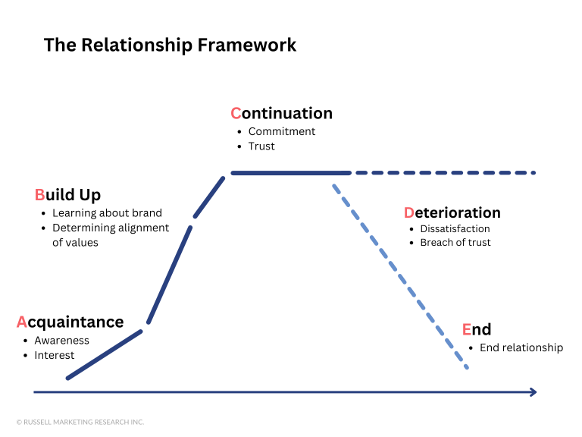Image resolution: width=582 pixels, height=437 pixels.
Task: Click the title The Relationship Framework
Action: coord(170,45)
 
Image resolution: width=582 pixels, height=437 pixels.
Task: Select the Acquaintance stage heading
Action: coord(70,322)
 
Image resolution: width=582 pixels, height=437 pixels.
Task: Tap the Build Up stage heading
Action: coord(67,195)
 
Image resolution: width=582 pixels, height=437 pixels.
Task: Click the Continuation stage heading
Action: coord(281,114)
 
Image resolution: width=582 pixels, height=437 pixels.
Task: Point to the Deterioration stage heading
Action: coord(452,213)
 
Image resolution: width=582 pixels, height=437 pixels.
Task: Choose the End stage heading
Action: coord(477,329)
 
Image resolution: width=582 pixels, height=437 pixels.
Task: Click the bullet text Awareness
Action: coord(61,341)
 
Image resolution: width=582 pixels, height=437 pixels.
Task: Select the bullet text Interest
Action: coord(54,355)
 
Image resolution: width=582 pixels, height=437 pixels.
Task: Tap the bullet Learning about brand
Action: coord(107,213)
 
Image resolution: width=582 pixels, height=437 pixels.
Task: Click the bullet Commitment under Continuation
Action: coord(281,131)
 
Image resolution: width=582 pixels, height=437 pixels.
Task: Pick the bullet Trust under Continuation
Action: coord(261,146)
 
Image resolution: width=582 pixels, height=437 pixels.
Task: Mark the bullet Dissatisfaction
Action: coord(455,228)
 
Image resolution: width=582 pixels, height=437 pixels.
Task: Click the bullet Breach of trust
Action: coord(455,243)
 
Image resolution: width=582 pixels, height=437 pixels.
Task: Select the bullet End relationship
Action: coord(521,347)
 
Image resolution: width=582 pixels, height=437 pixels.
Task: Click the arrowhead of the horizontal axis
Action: coord(533,392)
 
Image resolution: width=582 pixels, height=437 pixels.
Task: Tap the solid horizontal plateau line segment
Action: coord(290,173)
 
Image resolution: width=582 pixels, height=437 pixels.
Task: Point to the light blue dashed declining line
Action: coord(399,271)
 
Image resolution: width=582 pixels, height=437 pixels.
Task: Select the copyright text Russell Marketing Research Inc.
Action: coord(80,422)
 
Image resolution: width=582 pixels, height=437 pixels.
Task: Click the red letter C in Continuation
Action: coord(236,114)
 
